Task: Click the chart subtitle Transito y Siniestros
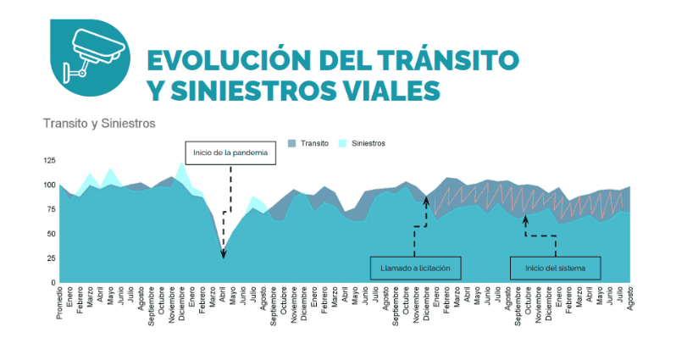coord(99,124)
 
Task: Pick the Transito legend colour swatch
coord(292,143)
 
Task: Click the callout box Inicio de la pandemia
coord(230,152)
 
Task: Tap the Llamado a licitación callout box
coord(415,269)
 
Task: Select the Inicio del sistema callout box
coord(555,269)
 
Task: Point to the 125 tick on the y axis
coord(49,160)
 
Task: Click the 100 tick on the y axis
coord(49,185)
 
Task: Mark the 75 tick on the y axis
coord(51,209)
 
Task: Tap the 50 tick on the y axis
coord(51,234)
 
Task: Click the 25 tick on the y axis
coord(51,258)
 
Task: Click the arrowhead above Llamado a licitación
coord(427,200)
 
